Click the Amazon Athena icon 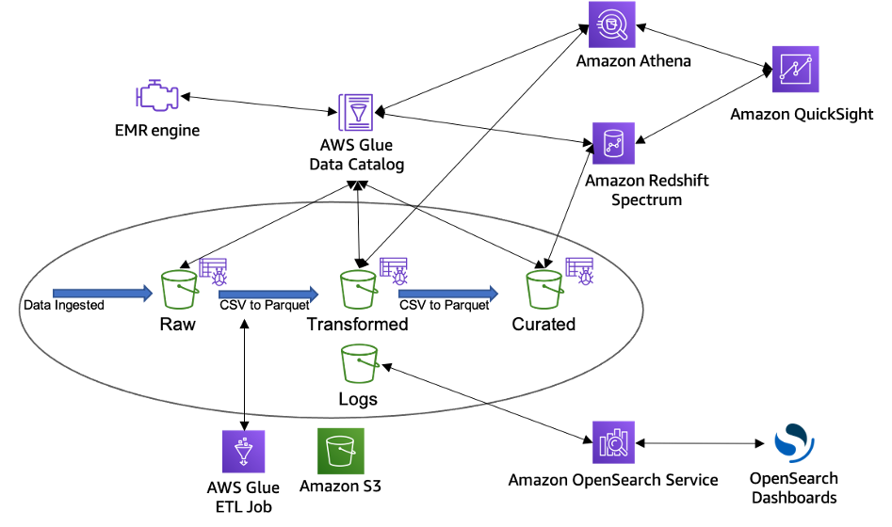pos(611,24)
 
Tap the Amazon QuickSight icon pos(795,69)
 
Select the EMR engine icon pos(157,95)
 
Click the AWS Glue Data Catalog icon pos(356,113)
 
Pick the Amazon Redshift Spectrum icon pos(613,143)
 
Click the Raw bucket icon pos(180,289)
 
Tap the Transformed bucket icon pos(358,289)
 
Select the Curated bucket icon pos(544,289)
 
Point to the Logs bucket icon pos(360,363)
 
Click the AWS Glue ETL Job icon pos(243,452)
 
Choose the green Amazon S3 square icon pos(341,451)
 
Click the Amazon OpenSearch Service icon pos(613,442)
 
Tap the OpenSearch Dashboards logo pos(794,443)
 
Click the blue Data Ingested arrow pos(103,294)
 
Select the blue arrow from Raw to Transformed pos(268,294)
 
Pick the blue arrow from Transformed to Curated pos(448,294)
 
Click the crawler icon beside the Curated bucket pos(579,271)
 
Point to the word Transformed pos(358,324)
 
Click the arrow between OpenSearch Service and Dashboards pos(700,443)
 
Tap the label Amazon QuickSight pos(802,114)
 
